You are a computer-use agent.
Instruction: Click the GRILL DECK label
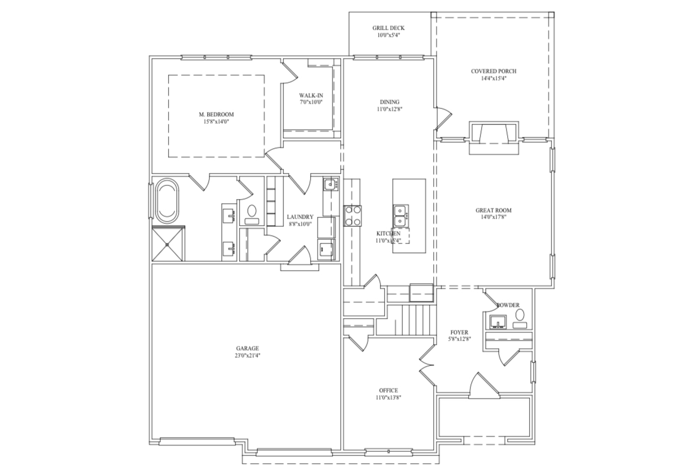[x=388, y=28]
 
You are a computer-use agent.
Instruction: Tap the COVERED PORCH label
[x=494, y=71]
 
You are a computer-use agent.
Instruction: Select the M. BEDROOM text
[x=216, y=114]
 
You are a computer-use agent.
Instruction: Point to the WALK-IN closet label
[x=311, y=95]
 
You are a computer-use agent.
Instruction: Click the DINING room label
[x=389, y=101]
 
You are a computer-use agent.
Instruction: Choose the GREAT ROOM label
[x=494, y=210]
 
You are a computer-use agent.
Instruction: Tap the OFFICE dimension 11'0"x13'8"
[x=388, y=398]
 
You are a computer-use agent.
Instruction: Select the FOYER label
[x=459, y=332]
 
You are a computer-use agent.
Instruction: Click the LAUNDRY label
[x=299, y=217]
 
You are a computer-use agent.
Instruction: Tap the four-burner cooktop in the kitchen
[x=353, y=216]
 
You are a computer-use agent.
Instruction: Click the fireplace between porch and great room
[x=494, y=136]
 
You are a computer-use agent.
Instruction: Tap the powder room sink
[x=497, y=322]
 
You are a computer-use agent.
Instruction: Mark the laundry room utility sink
[x=330, y=184]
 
